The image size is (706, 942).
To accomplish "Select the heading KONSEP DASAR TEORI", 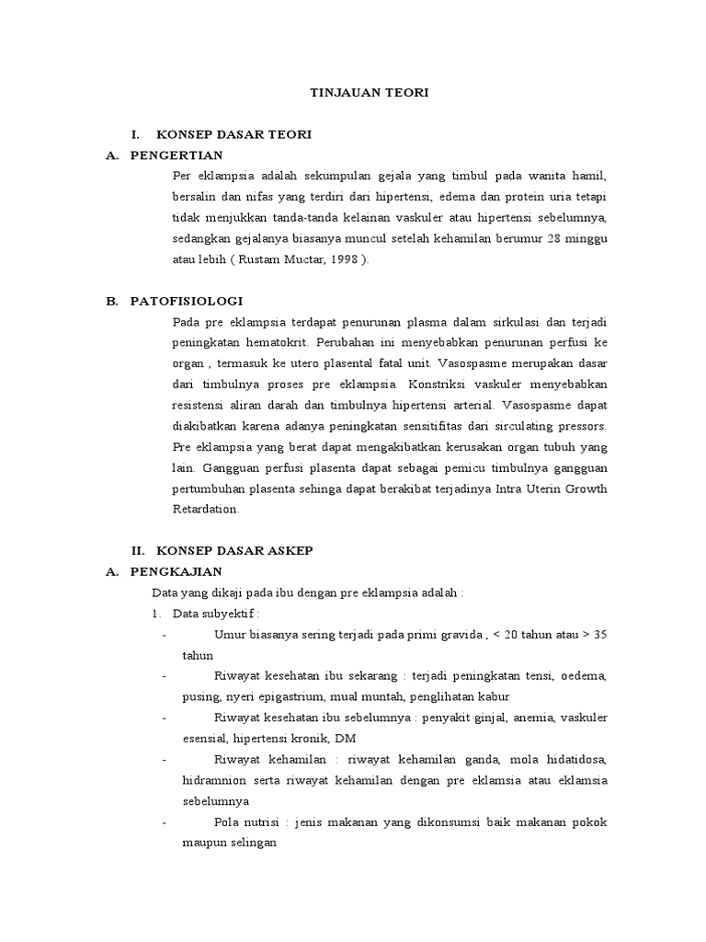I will point(234,134).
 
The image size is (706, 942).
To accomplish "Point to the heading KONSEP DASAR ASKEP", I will point(234,550).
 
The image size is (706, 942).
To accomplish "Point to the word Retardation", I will point(206,509).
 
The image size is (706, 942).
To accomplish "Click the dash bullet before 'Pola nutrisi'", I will point(164,821).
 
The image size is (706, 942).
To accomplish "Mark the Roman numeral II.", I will point(139,550).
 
